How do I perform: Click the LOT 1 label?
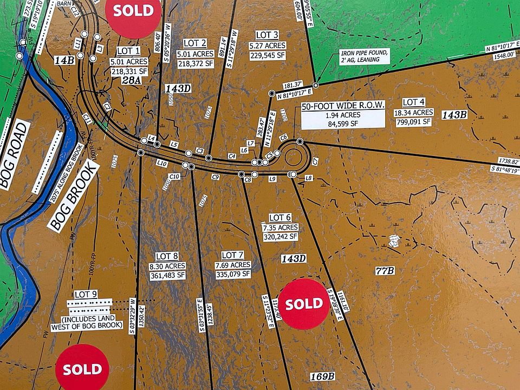click(x=125, y=51)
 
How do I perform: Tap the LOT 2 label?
click(x=195, y=43)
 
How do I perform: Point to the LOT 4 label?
click(x=413, y=102)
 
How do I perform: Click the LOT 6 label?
click(x=280, y=218)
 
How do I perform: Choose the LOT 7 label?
click(x=233, y=255)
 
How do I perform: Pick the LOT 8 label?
click(x=167, y=256)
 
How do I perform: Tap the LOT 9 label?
click(x=86, y=294)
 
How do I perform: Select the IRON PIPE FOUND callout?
click(x=364, y=56)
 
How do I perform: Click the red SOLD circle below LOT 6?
click(x=304, y=304)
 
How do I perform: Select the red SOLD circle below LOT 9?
click(x=82, y=369)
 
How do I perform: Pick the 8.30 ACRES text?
click(x=168, y=266)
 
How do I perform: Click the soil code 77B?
click(x=385, y=270)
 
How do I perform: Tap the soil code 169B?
click(x=323, y=376)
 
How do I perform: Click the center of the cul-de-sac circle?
click(x=295, y=158)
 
